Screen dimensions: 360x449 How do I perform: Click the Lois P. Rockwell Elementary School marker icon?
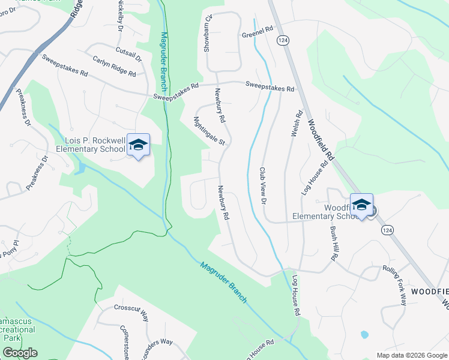click(x=139, y=145)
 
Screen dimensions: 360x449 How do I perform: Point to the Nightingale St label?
click(x=209, y=131)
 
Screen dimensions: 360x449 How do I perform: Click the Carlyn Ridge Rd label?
click(x=114, y=66)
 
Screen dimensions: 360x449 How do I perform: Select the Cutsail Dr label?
click(x=128, y=55)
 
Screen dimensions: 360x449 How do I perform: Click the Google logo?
click(x=20, y=353)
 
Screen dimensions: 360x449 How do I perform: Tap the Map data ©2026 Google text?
click(x=412, y=355)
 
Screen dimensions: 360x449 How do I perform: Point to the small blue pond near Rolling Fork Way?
click(x=364, y=334)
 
